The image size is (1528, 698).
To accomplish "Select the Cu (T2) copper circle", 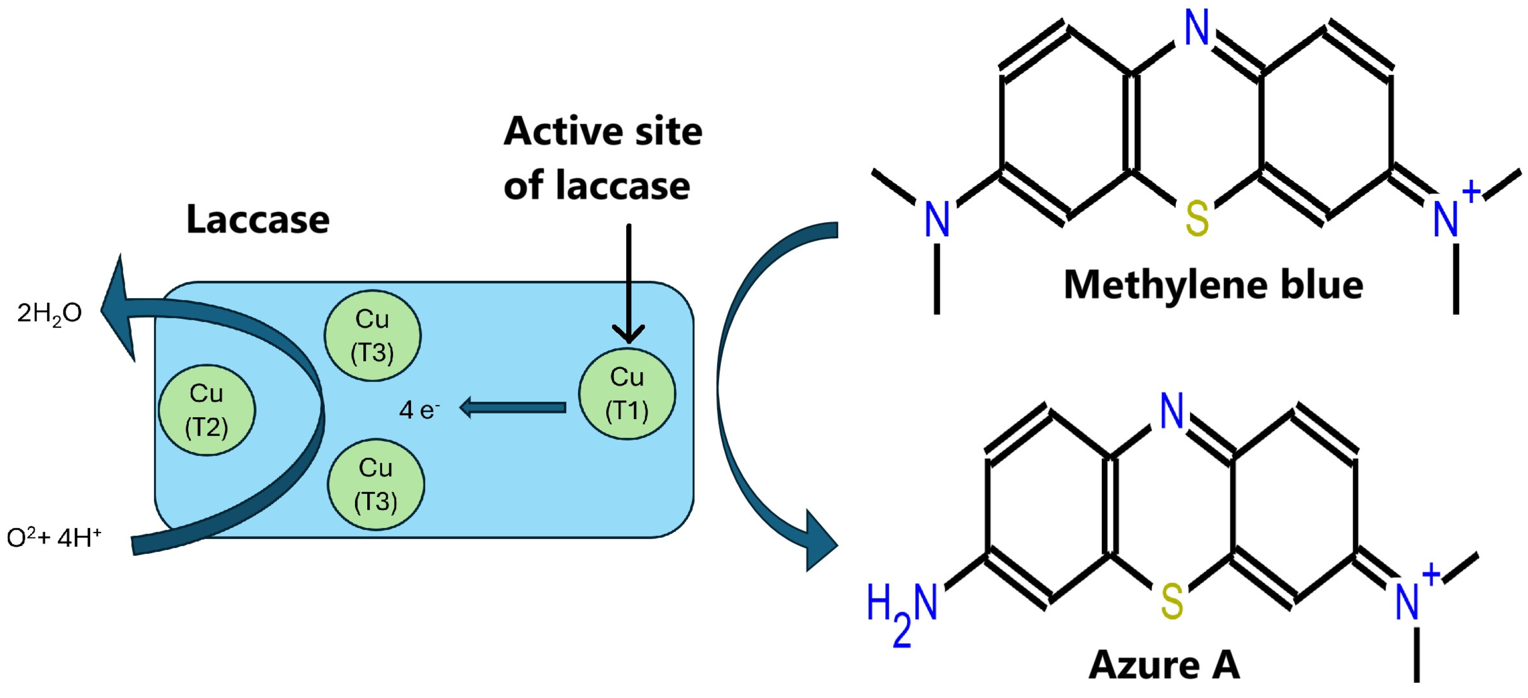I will [x=206, y=410].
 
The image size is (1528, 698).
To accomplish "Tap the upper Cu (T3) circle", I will [x=372, y=336].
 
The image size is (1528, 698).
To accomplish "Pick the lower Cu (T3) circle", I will [x=376, y=485].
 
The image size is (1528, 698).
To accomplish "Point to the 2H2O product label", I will [x=49, y=313].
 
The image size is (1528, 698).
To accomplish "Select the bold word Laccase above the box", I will [x=258, y=219].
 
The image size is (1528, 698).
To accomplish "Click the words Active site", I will [x=603, y=131].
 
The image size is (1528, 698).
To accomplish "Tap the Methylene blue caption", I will [x=1213, y=285].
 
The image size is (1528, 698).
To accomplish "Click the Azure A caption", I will [x=1164, y=665].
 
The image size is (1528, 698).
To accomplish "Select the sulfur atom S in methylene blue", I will [x=1196, y=219].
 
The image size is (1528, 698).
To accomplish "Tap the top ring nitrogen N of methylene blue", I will [x=1196, y=27].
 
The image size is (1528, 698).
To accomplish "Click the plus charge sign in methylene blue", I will [x=1471, y=192].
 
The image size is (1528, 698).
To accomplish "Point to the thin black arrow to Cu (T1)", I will [x=628, y=279].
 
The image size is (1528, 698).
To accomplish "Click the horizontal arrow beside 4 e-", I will [x=513, y=407].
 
